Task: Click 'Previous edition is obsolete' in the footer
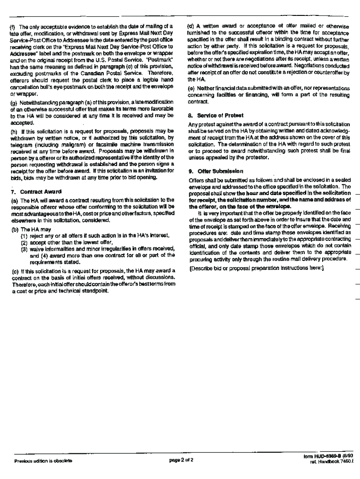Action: (x=43, y=460)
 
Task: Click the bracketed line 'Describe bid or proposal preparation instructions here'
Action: (x=256, y=269)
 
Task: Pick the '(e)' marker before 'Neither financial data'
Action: (x=191, y=88)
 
